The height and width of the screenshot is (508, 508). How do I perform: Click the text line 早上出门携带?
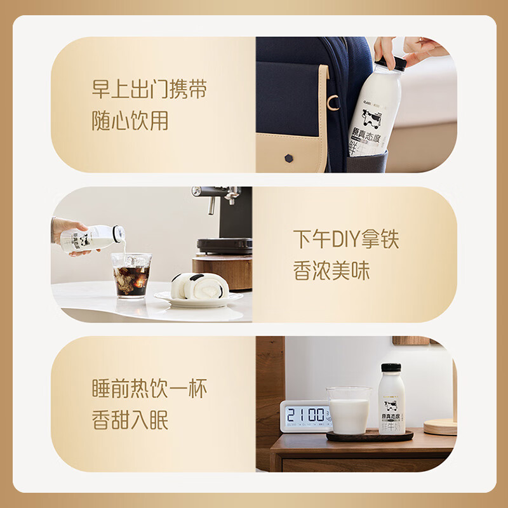pos(149,90)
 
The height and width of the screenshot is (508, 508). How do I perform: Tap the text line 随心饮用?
pos(130,120)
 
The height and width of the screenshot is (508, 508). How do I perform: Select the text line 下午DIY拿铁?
pos(346,240)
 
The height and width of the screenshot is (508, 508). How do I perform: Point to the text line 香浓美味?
pos(331,271)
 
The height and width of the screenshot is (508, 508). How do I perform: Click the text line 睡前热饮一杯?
pos(149,389)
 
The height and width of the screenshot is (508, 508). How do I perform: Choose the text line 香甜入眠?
pos(130,420)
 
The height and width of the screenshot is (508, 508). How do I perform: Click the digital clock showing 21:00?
pos(306,416)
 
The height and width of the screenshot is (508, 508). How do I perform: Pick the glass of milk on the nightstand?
pos(348,411)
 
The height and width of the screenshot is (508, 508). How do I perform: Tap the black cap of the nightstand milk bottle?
pos(391,368)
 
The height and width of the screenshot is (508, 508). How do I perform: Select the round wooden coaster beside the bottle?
pos(440,427)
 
